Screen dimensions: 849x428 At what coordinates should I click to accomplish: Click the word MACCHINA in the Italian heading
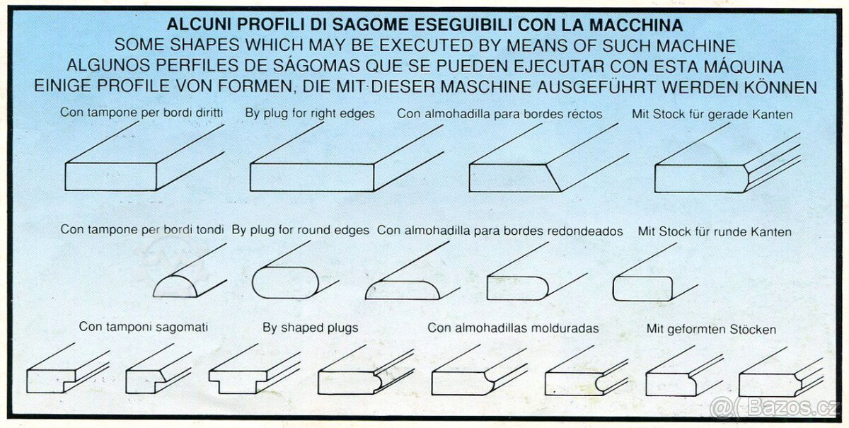coord(636,25)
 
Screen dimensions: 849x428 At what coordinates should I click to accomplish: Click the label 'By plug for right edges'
coord(310,113)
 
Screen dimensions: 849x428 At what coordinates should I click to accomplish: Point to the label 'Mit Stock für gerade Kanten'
coord(712,114)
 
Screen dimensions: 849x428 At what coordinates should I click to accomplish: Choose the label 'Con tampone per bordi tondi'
coord(142,230)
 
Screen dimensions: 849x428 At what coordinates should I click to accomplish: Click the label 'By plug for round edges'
coord(300,230)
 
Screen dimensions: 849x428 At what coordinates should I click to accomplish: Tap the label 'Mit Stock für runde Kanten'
coord(715,231)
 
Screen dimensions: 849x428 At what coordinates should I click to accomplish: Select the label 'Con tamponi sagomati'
coord(143,327)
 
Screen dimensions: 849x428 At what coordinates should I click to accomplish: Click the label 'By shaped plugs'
coord(311,328)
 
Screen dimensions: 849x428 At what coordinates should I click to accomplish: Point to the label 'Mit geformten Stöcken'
coord(711,329)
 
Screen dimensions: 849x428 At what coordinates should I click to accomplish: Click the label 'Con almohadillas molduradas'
coord(513,328)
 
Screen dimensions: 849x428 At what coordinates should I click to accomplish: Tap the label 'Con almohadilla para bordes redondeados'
coord(500,231)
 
